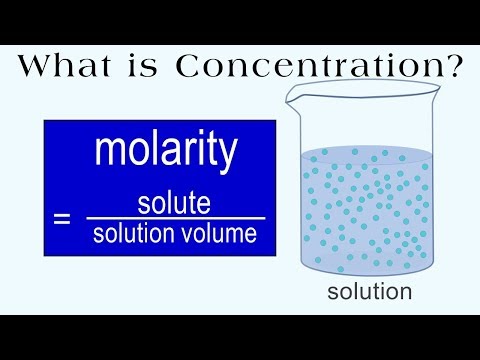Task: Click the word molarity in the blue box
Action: point(166,151)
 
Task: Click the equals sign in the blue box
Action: point(62,218)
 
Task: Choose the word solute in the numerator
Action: point(175,204)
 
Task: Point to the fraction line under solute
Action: point(175,219)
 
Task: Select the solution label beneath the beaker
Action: point(370,292)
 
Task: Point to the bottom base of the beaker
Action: point(369,272)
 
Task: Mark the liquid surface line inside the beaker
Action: point(369,149)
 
